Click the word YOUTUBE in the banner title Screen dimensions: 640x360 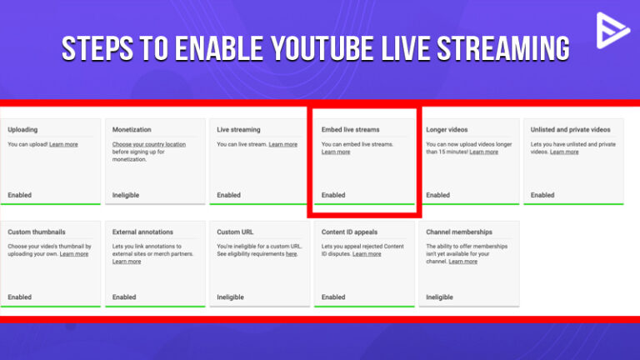322,48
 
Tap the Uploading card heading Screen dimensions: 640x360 22,130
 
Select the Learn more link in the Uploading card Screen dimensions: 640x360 63,144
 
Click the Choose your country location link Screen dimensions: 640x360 149,144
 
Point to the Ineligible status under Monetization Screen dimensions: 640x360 126,195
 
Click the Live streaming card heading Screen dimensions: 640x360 238,130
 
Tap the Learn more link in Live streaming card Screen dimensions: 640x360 282,144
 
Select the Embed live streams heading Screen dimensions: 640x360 350,130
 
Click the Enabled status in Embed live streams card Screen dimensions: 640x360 333,195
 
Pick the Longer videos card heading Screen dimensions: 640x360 447,130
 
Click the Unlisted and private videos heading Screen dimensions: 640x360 570,130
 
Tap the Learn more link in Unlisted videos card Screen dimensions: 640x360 564,152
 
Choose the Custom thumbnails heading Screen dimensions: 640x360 37,232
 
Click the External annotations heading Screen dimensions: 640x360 142,232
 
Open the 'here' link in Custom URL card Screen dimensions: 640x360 291,254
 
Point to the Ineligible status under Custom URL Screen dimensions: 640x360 230,297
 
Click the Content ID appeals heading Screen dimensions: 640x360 349,232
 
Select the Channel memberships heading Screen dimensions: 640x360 459,232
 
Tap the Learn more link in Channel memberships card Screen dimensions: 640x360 462,261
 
